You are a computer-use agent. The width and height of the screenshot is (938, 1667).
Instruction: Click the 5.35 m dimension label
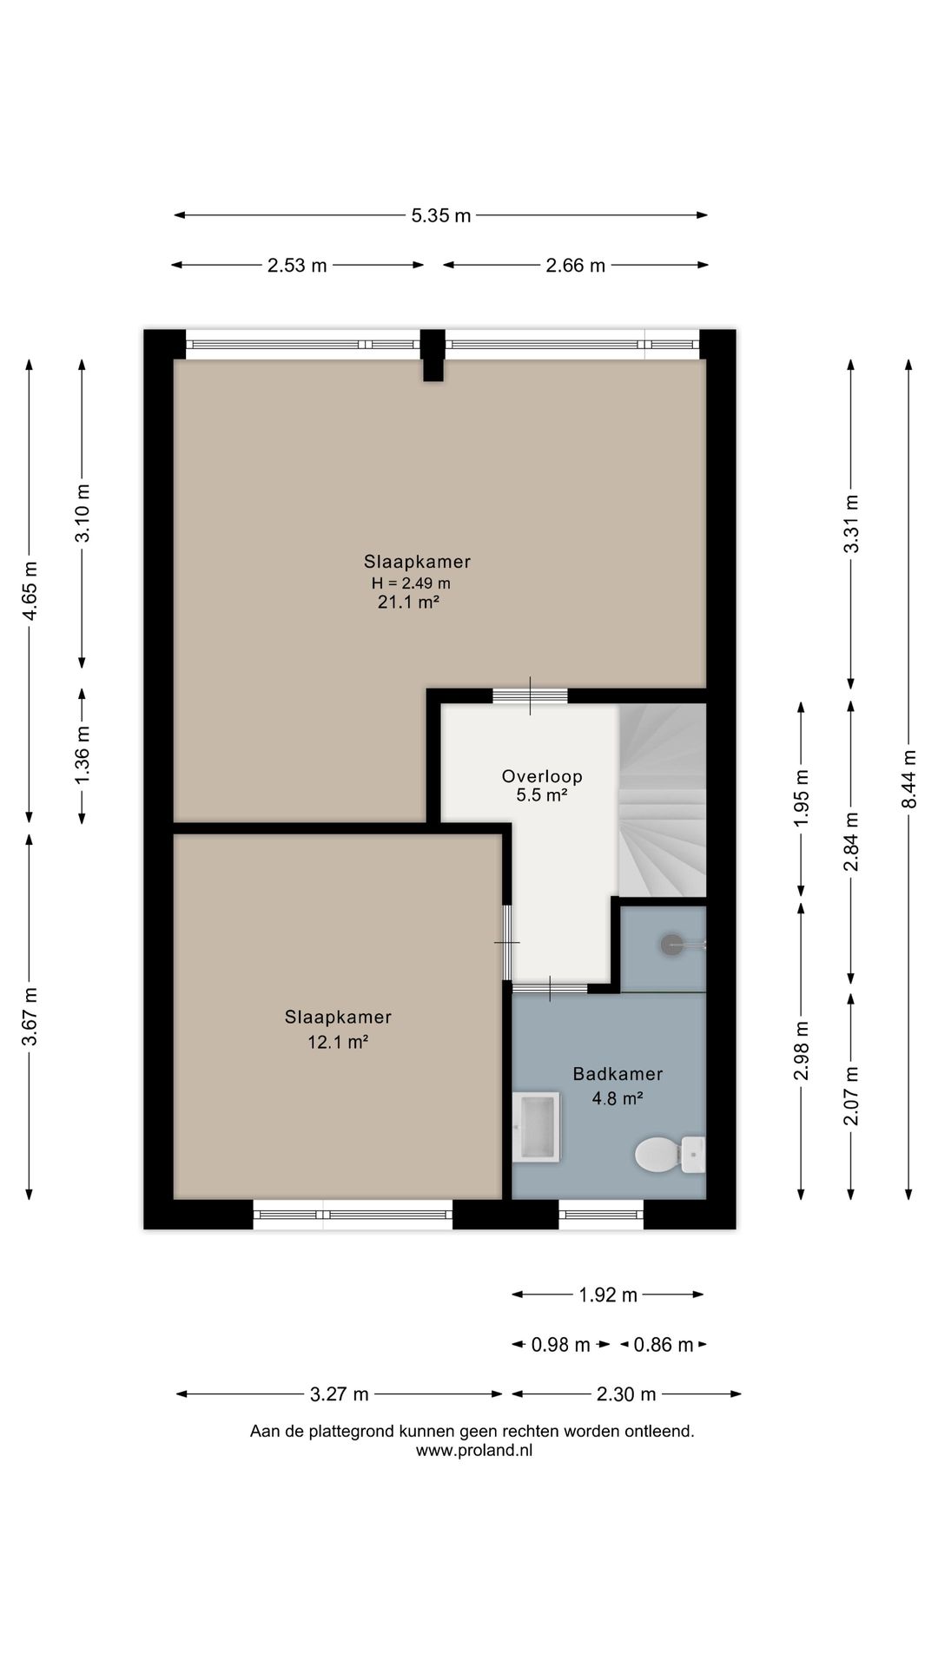[x=441, y=215]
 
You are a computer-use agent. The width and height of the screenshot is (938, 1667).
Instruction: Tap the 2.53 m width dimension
[x=297, y=266]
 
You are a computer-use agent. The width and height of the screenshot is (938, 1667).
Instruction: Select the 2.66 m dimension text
[x=575, y=266]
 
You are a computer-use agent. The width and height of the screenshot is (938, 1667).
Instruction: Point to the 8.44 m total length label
[x=909, y=779]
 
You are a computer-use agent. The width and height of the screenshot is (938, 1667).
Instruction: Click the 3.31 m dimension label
[x=852, y=524]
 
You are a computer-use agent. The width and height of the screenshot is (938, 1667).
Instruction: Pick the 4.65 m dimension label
[x=30, y=591]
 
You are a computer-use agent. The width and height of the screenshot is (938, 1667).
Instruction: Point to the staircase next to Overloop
[x=662, y=800]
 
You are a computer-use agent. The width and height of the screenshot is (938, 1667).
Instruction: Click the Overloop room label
[x=542, y=776]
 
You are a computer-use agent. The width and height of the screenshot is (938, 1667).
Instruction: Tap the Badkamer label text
[x=618, y=1074]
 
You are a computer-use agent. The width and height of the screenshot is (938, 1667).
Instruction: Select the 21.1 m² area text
[x=408, y=602]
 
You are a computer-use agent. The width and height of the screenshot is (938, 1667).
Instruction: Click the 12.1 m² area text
[x=338, y=1042]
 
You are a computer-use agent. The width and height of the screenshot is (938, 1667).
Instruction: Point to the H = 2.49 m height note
[x=411, y=583]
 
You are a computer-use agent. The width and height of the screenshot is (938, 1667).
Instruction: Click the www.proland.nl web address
[x=474, y=1450]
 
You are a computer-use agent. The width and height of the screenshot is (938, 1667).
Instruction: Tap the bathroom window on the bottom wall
[x=601, y=1214]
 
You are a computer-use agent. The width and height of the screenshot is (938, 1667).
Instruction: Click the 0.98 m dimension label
[x=561, y=1345]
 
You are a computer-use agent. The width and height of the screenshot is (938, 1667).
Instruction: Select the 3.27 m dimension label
[x=340, y=1394]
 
